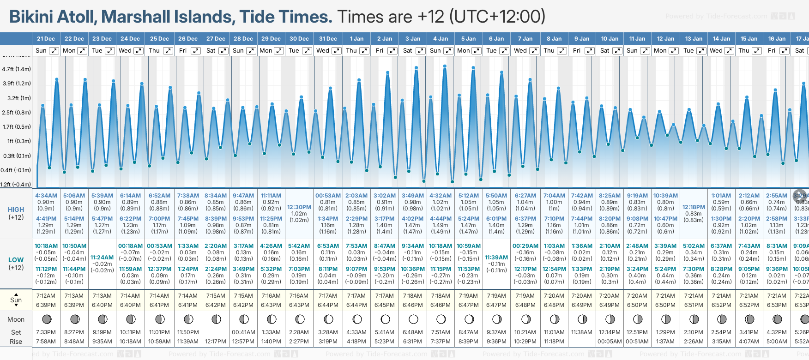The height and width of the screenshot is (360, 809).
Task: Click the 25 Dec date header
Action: [x=159, y=39]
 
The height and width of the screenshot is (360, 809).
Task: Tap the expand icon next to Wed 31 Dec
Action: [x=337, y=51]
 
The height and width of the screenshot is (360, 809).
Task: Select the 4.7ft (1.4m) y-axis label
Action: [x=17, y=69]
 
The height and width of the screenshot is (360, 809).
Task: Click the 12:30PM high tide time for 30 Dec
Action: [x=299, y=207]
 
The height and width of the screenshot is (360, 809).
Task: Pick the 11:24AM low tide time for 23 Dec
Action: [x=102, y=258]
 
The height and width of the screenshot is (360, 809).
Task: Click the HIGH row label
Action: [x=16, y=210]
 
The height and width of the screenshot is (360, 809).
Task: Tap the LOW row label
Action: [x=16, y=260]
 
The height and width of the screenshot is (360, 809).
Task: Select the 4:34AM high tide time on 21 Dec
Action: [x=46, y=196]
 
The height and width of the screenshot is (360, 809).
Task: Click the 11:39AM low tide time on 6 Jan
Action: [x=496, y=258]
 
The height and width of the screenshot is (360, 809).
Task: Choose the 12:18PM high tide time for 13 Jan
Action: [x=694, y=207]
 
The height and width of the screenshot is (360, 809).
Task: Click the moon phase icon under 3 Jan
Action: [x=413, y=319]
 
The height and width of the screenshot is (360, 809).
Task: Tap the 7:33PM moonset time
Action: [x=46, y=332]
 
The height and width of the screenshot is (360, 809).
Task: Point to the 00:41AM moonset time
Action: [x=243, y=332]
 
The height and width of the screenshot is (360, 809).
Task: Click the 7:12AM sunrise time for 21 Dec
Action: [x=46, y=296]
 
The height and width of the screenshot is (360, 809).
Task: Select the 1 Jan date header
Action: [x=356, y=39]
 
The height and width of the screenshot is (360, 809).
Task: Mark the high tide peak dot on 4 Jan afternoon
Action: [x=445, y=66]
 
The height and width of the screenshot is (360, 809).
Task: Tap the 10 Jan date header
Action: [x=610, y=39]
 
